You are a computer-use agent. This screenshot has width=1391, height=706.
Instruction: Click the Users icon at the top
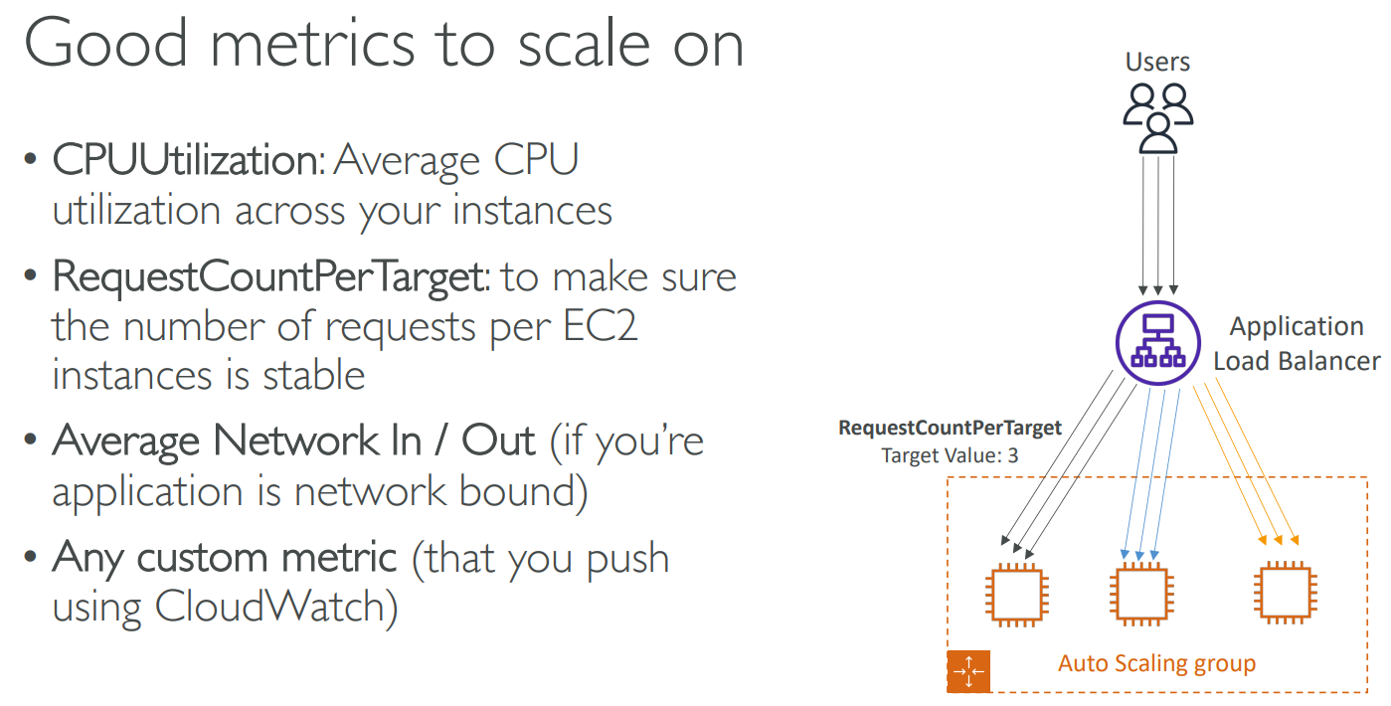click(1158, 118)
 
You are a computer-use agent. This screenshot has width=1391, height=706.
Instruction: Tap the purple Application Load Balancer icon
click(1158, 343)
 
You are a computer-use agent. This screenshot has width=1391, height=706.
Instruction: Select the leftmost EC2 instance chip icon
click(1017, 595)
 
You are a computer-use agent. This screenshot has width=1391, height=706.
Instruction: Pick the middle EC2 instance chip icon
click(1141, 594)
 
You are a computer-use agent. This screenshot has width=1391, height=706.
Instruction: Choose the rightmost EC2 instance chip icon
click(1286, 593)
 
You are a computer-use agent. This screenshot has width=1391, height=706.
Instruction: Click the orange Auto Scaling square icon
click(968, 671)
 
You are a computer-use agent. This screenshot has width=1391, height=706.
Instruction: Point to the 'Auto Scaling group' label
click(1157, 664)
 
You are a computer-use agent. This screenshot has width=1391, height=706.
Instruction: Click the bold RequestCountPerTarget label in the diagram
click(951, 428)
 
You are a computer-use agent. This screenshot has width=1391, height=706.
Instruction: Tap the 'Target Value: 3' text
click(951, 455)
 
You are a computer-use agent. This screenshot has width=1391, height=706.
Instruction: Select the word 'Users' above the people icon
click(1157, 62)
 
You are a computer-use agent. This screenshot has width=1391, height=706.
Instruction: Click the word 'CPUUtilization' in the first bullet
click(189, 160)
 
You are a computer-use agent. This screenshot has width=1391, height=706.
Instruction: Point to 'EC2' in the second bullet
click(600, 326)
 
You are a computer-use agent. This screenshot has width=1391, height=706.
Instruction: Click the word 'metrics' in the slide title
click(312, 44)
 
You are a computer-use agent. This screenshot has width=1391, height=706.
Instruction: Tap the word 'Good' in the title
click(105, 42)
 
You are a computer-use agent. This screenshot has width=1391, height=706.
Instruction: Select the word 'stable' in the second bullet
click(313, 375)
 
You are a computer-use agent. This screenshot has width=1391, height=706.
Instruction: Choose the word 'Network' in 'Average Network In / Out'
click(296, 441)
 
